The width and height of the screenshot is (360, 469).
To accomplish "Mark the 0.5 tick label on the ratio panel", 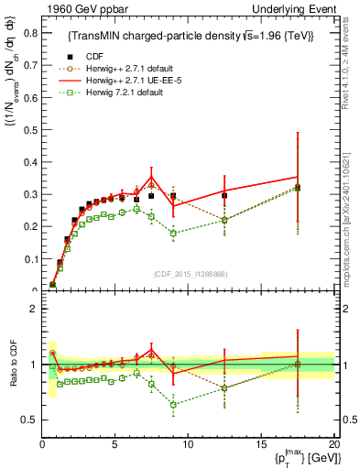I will tap(27, 420).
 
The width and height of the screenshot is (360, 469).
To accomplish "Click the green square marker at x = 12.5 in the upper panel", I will tap(224, 220).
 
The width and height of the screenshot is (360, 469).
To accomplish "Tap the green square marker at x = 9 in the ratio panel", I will tap(173, 404).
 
